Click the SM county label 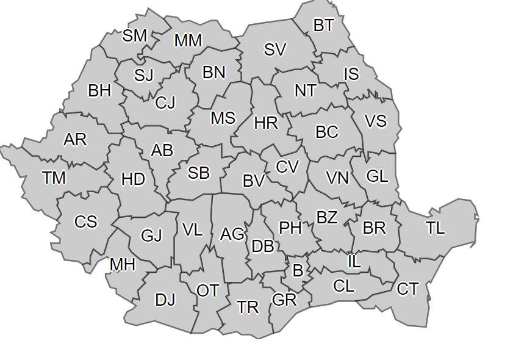(x=135, y=35)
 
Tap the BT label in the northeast (x=323, y=25)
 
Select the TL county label (x=435, y=228)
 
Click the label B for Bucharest (x=298, y=270)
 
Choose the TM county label (x=54, y=178)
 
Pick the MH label (x=123, y=265)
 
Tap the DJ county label (x=165, y=300)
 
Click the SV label (x=274, y=49)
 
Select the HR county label (x=265, y=123)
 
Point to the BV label (x=254, y=180)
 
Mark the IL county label (x=354, y=261)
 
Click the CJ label (x=165, y=103)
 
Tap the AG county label (x=232, y=234)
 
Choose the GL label (x=377, y=176)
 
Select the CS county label (x=85, y=221)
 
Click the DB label (x=262, y=246)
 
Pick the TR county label (x=248, y=307)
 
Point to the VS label (x=375, y=121)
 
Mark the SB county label (x=198, y=173)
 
